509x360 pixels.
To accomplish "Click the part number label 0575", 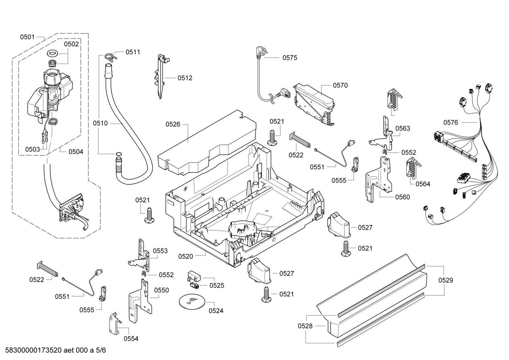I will point(289,58).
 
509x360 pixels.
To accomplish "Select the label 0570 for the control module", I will point(340,85).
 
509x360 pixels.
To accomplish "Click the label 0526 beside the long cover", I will point(173,124).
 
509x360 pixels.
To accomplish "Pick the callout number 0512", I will point(185,78).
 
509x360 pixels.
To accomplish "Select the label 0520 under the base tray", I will point(186,256).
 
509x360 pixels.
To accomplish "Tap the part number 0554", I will point(131,338).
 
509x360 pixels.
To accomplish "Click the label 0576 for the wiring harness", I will point(450,123).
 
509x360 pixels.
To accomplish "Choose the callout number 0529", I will point(446,280).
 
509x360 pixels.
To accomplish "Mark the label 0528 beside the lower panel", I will point(305,326).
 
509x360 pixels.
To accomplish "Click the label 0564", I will point(423,184).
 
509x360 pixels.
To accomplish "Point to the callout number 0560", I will point(403,197).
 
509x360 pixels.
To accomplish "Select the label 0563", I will point(403,128).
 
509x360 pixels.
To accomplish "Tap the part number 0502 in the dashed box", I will point(71,44).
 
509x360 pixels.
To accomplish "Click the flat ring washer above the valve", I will point(53,53).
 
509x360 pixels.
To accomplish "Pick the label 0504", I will point(76,152).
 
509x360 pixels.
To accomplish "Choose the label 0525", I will point(217,285).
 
